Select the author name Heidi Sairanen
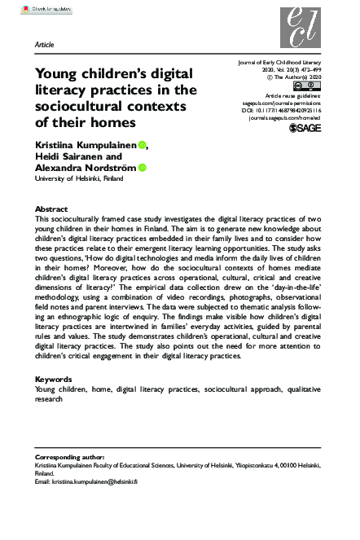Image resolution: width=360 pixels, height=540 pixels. pos(66,157)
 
